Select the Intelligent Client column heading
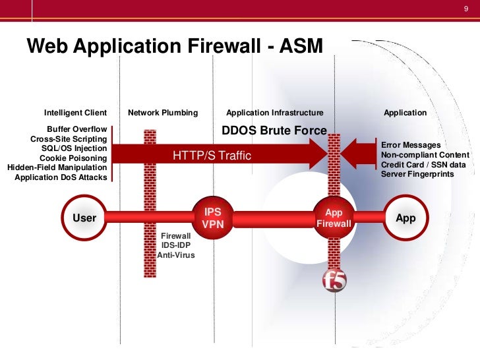pos(75,113)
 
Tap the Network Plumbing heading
pos(163,113)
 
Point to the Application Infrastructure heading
pos(275,113)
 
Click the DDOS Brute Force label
pos(274,131)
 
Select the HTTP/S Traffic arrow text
pos(212,156)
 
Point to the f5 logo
pos(334,281)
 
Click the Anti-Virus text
pos(176,255)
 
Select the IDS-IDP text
pos(176,245)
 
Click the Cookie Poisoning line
pos(73,158)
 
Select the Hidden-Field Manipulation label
pos(57,167)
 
